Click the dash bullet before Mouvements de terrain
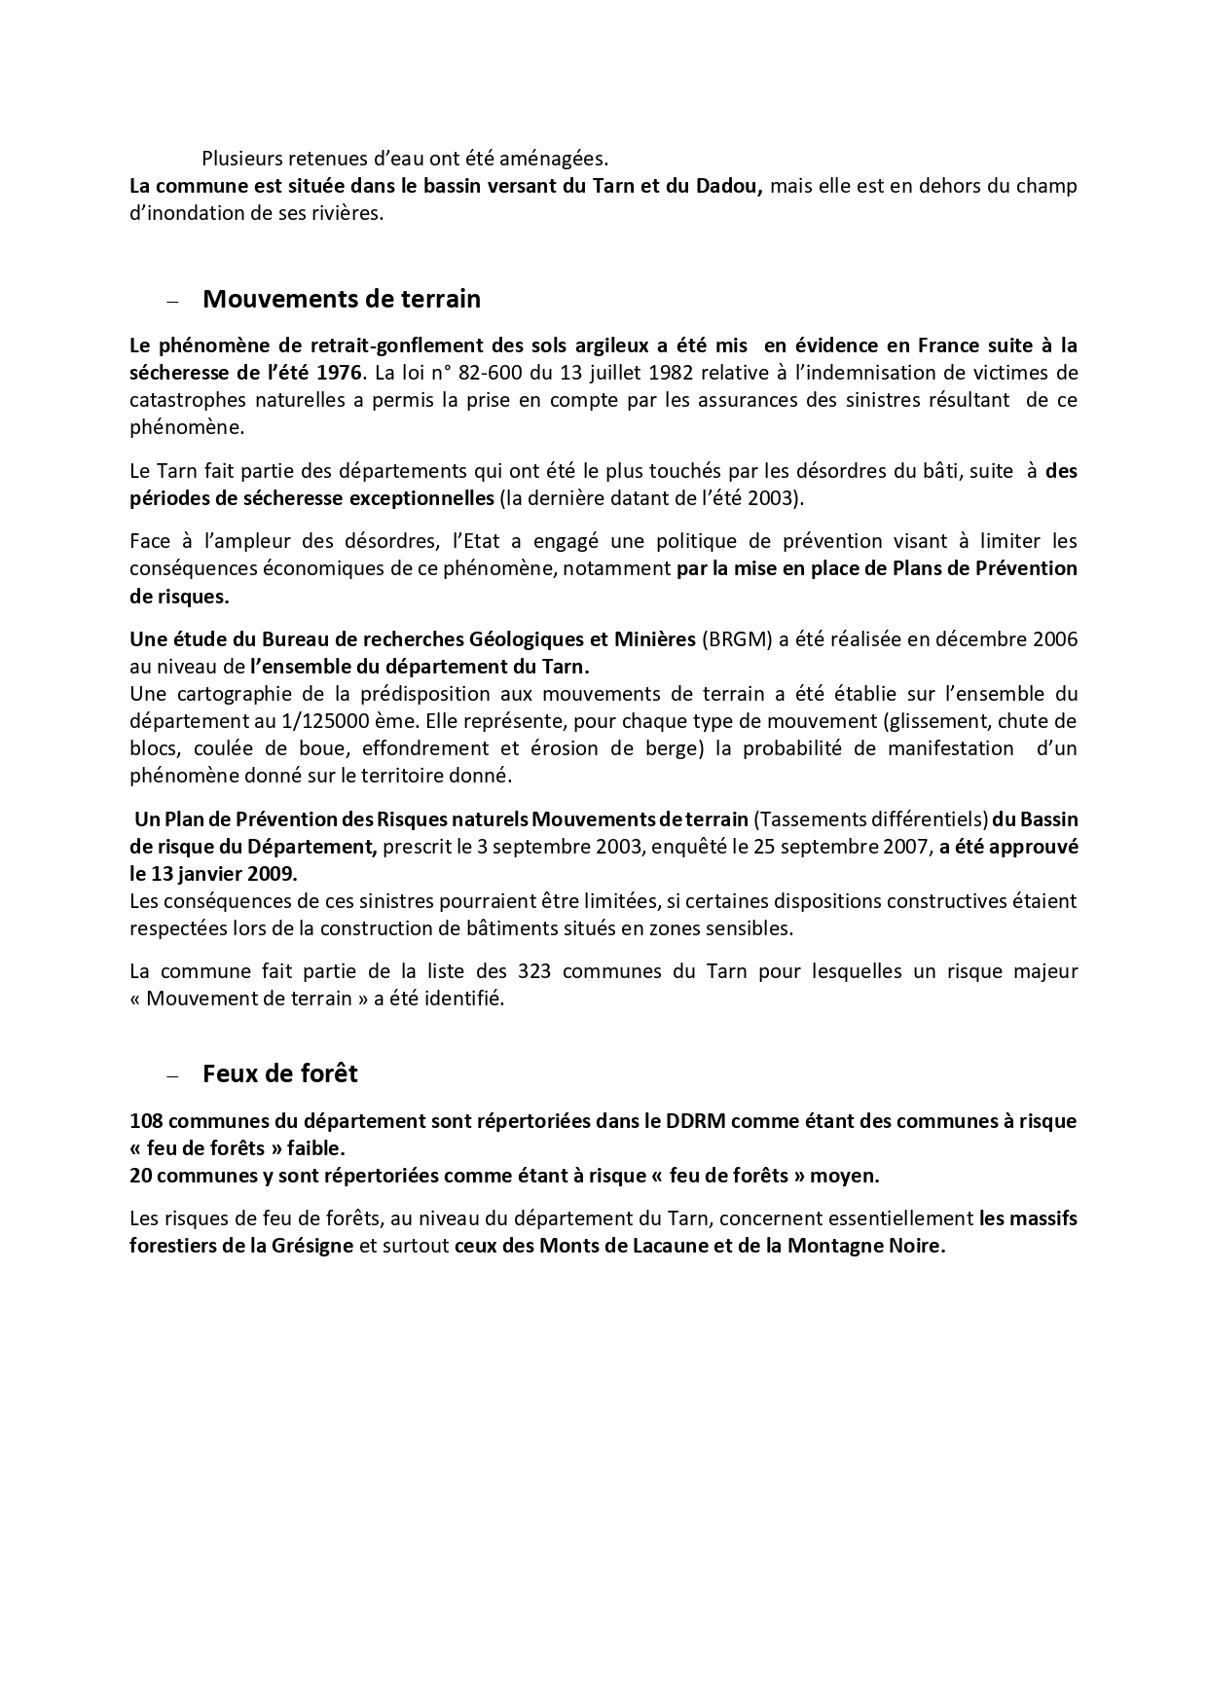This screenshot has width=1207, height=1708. tap(173, 302)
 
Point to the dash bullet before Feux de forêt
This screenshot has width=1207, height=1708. tap(173, 1076)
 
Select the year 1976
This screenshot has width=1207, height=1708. tap(337, 372)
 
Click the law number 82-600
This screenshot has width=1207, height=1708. tap(471, 372)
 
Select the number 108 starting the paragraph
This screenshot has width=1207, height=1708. tap(147, 1120)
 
